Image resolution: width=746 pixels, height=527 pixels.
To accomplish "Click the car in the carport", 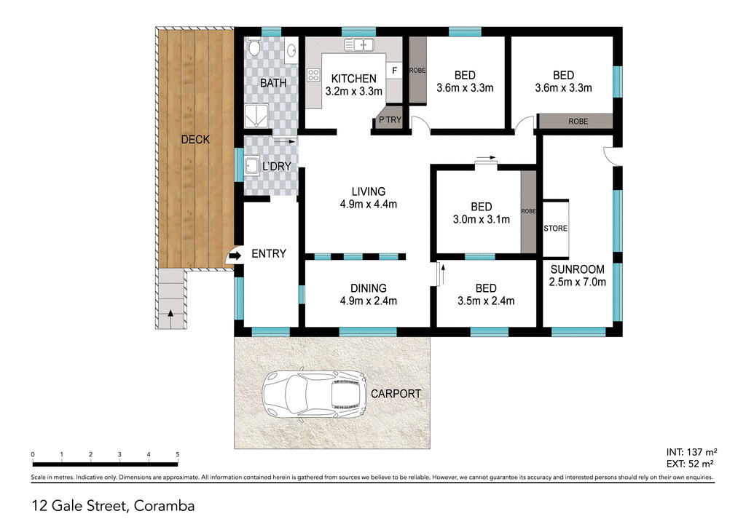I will click(315, 396).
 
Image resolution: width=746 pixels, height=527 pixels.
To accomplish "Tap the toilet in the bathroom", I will click(254, 49).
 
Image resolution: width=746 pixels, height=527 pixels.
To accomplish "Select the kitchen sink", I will click(358, 45).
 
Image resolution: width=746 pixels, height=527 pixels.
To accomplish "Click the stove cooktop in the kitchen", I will click(314, 74).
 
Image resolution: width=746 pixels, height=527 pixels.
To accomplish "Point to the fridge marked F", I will click(395, 70).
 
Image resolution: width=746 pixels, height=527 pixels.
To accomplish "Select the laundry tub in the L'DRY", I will click(253, 165).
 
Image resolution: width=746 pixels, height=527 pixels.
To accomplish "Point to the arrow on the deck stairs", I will click(170, 314).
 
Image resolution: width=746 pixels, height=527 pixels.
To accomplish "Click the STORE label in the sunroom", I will click(555, 229).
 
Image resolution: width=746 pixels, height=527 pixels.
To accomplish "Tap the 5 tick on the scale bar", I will click(177, 454).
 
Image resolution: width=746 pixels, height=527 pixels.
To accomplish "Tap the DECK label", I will click(195, 140).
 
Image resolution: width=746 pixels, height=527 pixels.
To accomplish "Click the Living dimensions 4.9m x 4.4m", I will click(368, 205).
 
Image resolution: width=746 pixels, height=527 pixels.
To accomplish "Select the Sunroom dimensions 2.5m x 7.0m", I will click(578, 282).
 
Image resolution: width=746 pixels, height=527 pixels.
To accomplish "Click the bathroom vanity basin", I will click(291, 50).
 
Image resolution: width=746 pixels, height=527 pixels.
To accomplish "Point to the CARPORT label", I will click(396, 394).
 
